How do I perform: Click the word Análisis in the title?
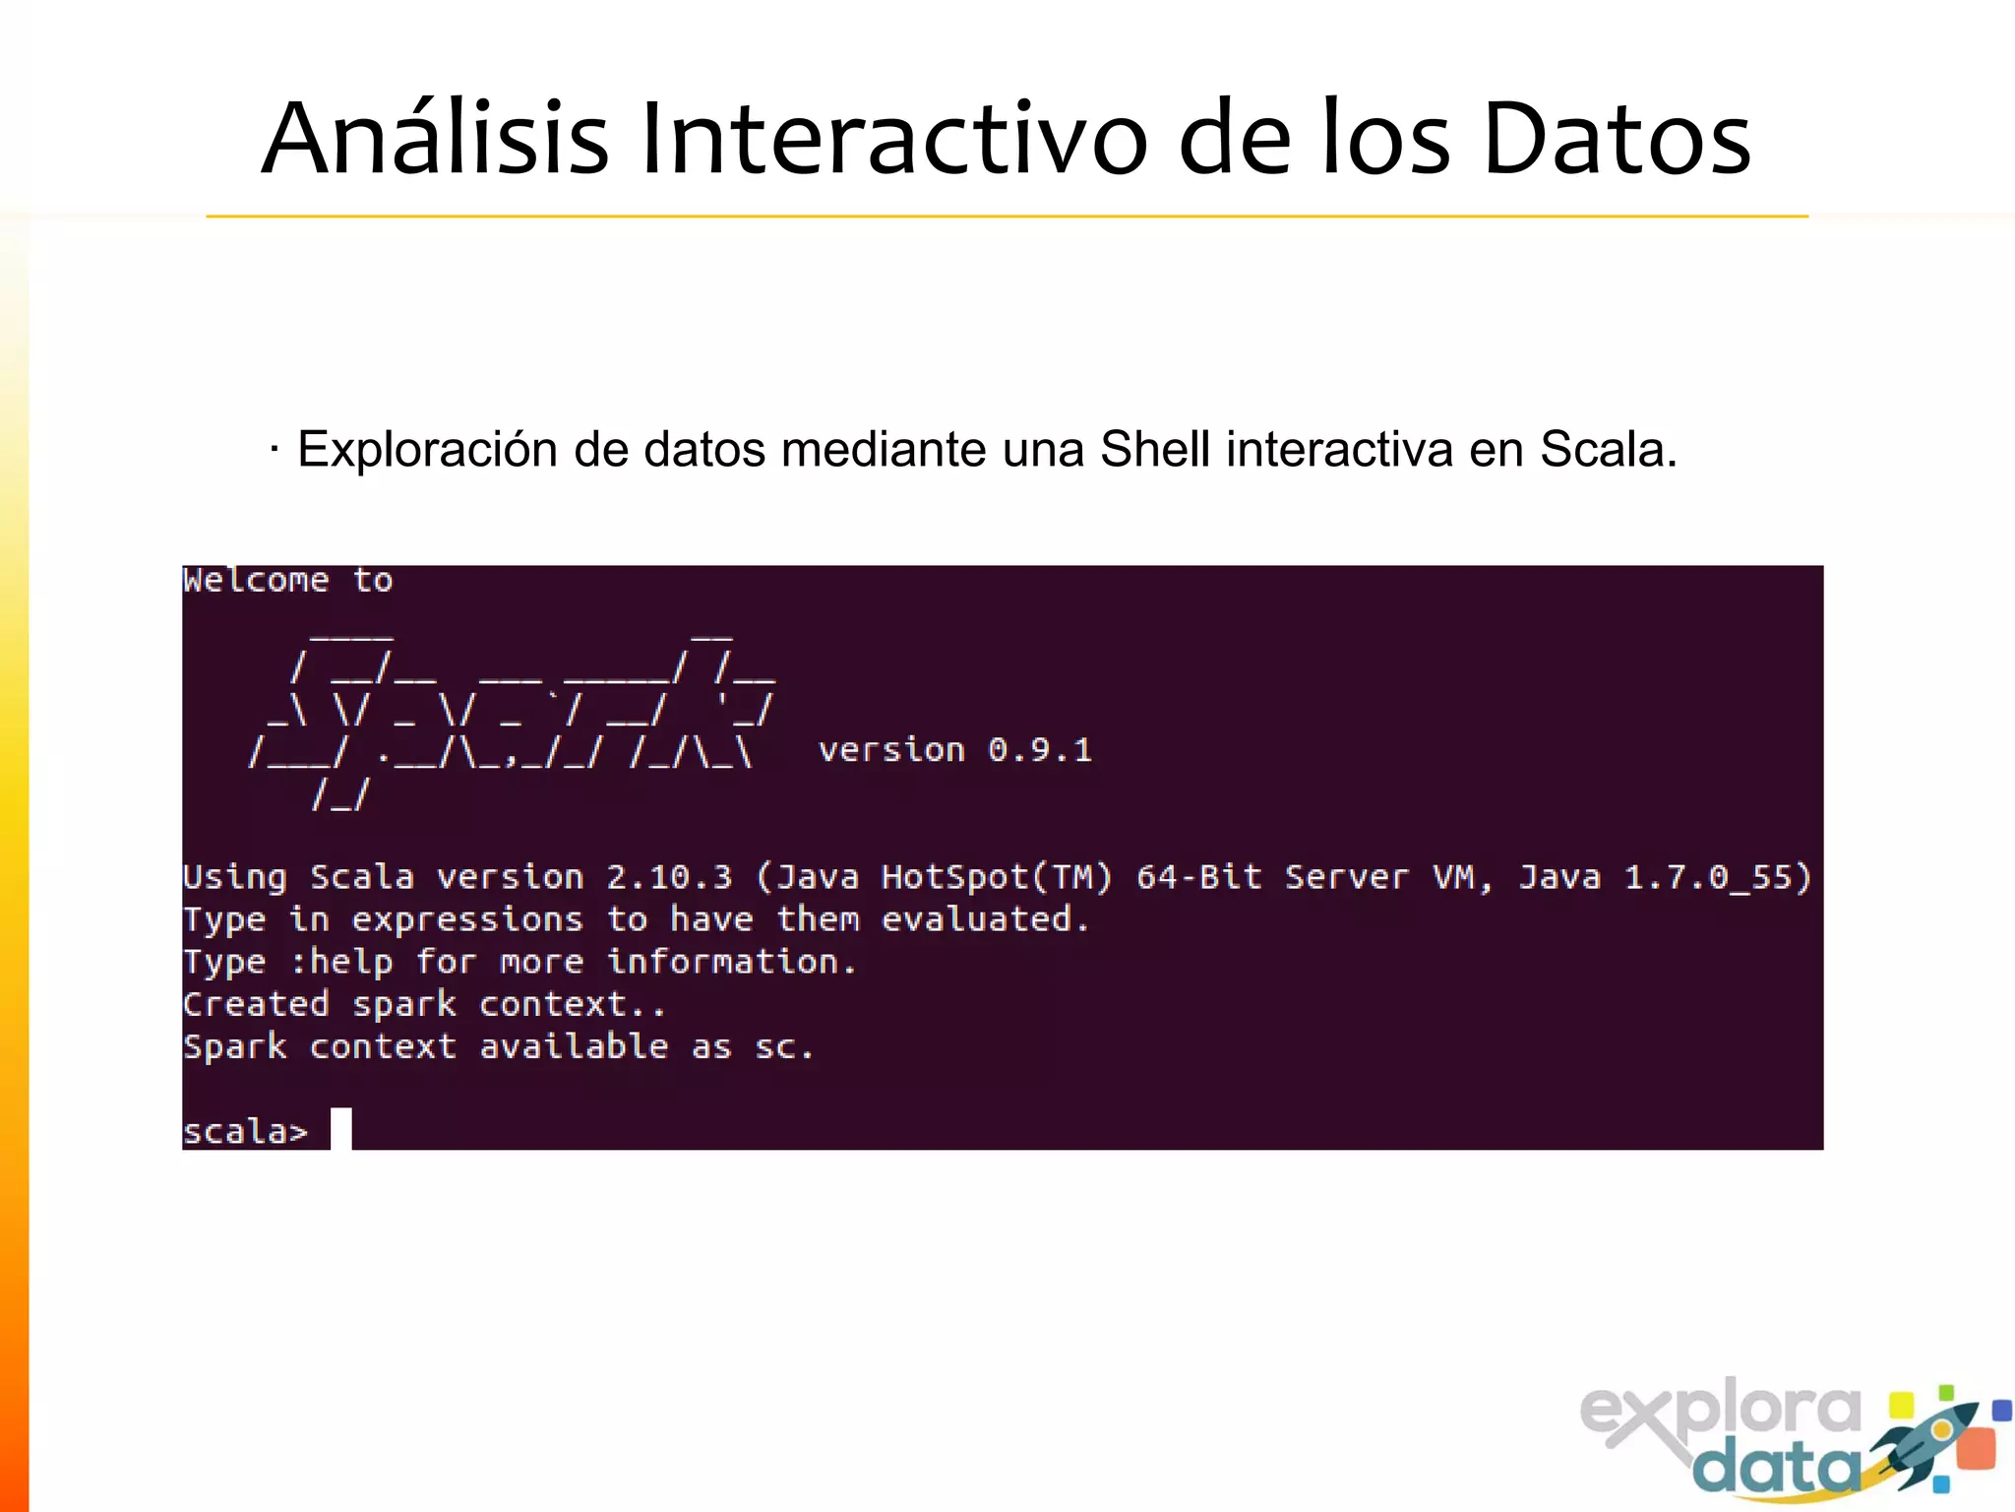[x=435, y=140]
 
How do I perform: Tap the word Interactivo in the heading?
[x=893, y=140]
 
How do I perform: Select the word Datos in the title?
[x=1616, y=140]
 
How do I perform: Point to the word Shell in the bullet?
[x=1154, y=450]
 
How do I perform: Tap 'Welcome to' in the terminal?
[x=287, y=581]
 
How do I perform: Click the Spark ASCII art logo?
[x=512, y=719]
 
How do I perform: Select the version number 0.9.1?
[x=1040, y=751]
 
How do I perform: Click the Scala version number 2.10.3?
[x=669, y=877]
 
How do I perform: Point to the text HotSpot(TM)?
[x=997, y=877]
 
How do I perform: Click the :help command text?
[x=341, y=962]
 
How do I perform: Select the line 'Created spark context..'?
[x=424, y=1005]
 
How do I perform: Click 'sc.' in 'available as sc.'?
[x=783, y=1047]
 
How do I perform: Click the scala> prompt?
[x=245, y=1132]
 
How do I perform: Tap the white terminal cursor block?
[x=340, y=1129]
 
